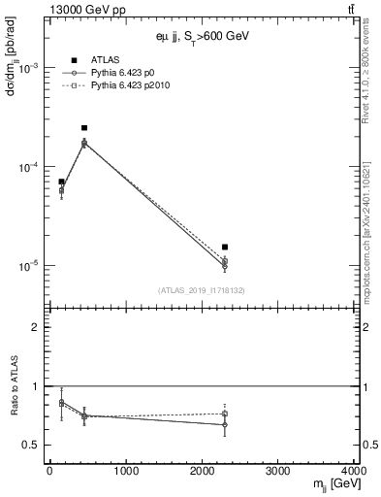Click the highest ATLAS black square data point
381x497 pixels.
pyautogui.click(x=84, y=128)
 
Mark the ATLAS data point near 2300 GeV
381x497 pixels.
pyautogui.click(x=225, y=248)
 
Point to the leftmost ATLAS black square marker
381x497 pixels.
pyautogui.click(x=61, y=182)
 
